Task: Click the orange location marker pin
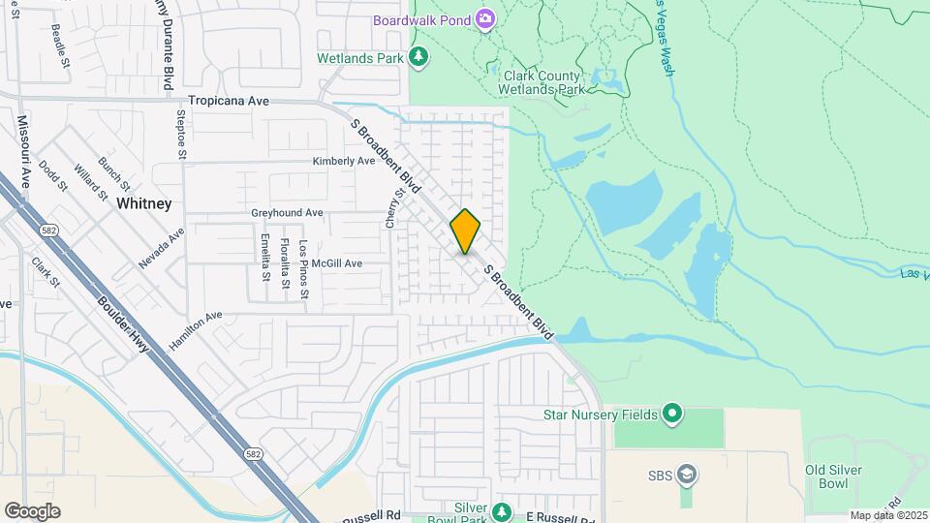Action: click(x=465, y=231)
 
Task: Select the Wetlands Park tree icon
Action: click(x=418, y=58)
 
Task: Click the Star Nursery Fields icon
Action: click(x=671, y=415)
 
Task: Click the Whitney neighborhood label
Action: click(x=143, y=203)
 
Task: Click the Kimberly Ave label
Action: click(x=343, y=162)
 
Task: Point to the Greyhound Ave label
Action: click(x=287, y=213)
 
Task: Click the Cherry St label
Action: click(x=390, y=208)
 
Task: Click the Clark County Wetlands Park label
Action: click(x=542, y=82)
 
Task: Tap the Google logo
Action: click(x=31, y=511)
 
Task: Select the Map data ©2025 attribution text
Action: click(x=887, y=515)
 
